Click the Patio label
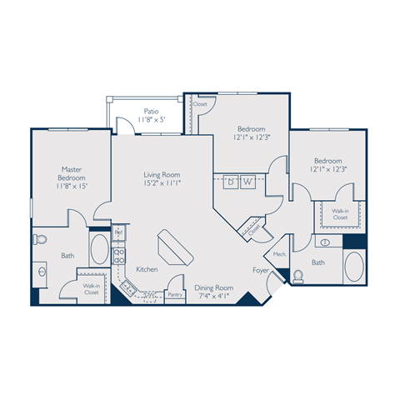[x=151, y=110]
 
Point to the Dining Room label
[x=214, y=288]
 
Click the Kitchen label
[x=147, y=269]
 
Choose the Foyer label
[x=261, y=270]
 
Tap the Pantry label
[x=175, y=294]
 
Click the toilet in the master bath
[x=39, y=240]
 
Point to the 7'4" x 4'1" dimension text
[x=214, y=297]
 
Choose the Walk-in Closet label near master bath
[x=91, y=289]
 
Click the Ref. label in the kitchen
[x=117, y=230]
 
